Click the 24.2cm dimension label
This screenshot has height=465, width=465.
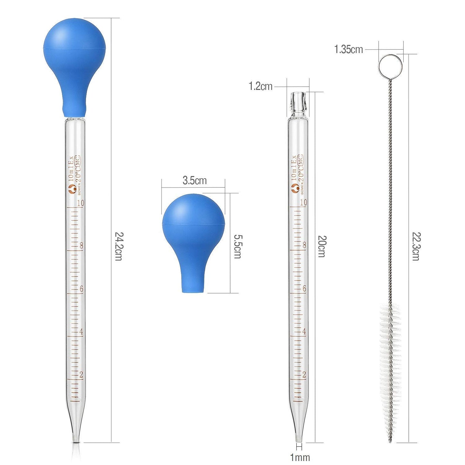click(118, 246)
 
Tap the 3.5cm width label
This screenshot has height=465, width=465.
click(194, 181)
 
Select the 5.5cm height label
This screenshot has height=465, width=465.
click(237, 246)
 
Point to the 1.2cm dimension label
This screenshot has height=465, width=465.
click(260, 86)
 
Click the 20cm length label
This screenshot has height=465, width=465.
click(322, 246)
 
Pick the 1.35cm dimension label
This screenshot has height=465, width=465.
click(348, 50)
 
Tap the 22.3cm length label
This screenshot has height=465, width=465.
click(416, 246)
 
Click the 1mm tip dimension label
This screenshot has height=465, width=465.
click(300, 457)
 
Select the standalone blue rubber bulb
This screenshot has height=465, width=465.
click(193, 235)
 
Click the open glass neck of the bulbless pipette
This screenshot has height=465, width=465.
click(298, 103)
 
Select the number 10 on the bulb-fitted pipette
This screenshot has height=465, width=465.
click(80, 203)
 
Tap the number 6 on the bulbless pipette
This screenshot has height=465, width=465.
click(304, 289)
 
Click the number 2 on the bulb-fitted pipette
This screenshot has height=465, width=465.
click(81, 375)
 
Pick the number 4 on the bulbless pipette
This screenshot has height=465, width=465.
click(304, 331)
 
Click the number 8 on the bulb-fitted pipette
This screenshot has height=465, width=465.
click(81, 246)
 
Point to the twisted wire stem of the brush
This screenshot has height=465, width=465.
click(390, 193)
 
